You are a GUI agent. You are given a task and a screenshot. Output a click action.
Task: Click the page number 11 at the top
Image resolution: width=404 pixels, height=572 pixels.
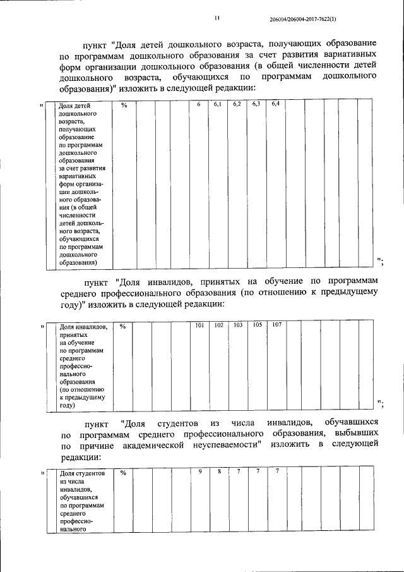216,19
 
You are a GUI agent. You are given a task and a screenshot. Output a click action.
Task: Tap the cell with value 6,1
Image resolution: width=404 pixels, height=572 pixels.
217,104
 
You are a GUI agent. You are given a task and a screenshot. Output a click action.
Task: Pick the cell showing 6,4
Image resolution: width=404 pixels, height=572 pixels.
275,104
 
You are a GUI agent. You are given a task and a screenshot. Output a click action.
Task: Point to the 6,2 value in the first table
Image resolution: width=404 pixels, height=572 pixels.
237,104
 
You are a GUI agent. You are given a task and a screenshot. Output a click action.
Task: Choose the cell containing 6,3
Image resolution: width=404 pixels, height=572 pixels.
256,104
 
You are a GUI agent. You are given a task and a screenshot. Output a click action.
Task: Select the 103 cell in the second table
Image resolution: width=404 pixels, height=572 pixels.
238,325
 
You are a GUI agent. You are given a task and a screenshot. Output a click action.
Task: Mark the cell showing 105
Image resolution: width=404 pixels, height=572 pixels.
258,325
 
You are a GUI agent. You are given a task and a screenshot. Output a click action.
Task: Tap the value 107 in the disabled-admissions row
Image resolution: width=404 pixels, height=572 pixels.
276,325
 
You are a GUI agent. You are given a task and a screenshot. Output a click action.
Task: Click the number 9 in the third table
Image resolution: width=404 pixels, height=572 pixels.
199,471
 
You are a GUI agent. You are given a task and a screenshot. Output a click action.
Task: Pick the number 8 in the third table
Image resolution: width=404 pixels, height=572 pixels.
219,471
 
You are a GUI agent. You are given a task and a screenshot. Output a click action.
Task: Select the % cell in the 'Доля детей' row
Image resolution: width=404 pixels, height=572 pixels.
124,105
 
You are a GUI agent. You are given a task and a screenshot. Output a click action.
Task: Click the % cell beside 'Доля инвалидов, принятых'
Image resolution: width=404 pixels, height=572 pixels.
123,326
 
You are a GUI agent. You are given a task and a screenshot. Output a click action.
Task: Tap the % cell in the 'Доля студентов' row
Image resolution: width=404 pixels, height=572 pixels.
123,472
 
